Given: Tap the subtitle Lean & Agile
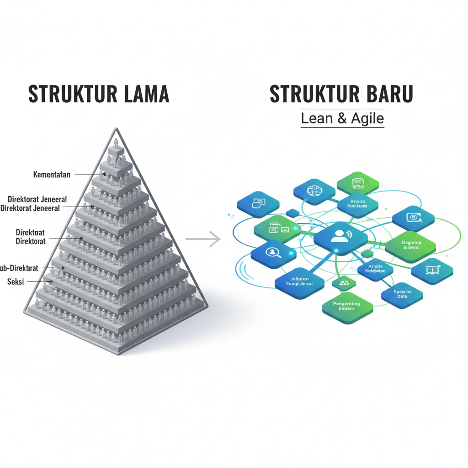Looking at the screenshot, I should tap(342, 118).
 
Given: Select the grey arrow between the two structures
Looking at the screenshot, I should tap(203, 239).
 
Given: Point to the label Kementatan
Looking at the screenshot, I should tap(53, 174).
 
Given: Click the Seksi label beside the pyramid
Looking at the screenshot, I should tap(16, 282).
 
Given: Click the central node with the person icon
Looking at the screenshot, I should tap(340, 236).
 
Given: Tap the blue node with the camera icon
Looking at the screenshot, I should tap(413, 218).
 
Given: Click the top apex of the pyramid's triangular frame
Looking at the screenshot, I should tap(117, 129).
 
